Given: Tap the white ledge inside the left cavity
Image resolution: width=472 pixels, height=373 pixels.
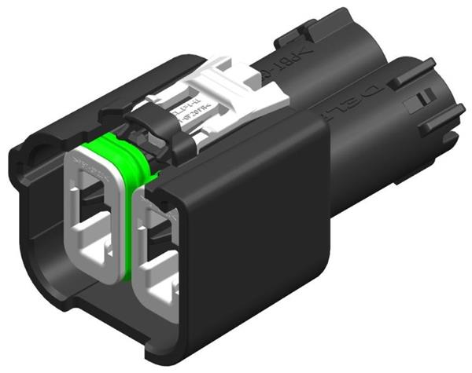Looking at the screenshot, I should pyautogui.click(x=94, y=251).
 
